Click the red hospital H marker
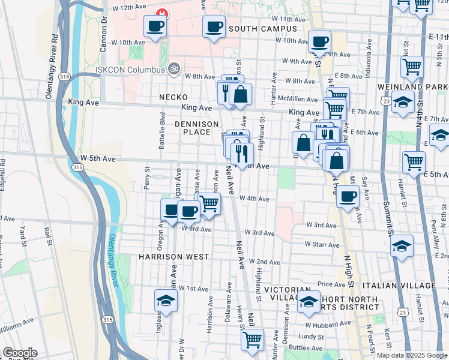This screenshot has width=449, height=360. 161,13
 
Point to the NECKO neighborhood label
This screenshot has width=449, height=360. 173,97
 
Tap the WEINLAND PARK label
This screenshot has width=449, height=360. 412,87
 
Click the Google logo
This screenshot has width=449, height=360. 20,353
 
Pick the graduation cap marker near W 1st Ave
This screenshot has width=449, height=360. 166,300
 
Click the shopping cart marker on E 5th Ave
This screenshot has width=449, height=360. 414,161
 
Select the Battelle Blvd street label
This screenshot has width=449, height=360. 162,130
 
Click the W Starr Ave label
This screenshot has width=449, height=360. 322,244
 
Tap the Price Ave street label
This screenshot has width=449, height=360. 331,284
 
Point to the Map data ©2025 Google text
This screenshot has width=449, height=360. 412,355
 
